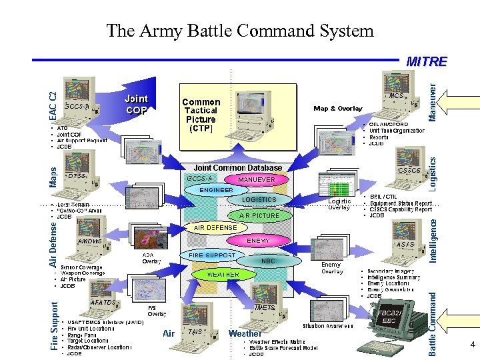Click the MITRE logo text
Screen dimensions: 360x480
[x=427, y=62]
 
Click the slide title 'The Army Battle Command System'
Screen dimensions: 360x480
[x=240, y=31]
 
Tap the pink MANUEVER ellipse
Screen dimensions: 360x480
[x=257, y=179]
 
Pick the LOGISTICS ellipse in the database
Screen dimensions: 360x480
[x=259, y=199]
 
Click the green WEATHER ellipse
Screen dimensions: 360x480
[x=223, y=274]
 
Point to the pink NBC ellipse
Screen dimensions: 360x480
[x=268, y=261]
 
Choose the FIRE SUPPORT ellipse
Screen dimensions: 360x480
[x=212, y=255]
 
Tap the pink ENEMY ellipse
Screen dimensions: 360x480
[x=258, y=240]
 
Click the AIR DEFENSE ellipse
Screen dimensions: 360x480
[x=215, y=227]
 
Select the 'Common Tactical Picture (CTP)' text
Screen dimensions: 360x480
[x=201, y=115]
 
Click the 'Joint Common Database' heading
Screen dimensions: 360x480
[x=238, y=168]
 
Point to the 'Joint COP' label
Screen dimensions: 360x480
[x=136, y=105]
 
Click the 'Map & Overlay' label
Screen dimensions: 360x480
[x=338, y=108]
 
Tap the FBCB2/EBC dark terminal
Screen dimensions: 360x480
[x=385, y=327]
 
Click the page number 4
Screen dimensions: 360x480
[x=472, y=345]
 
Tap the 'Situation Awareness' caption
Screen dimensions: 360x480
[x=328, y=326]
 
